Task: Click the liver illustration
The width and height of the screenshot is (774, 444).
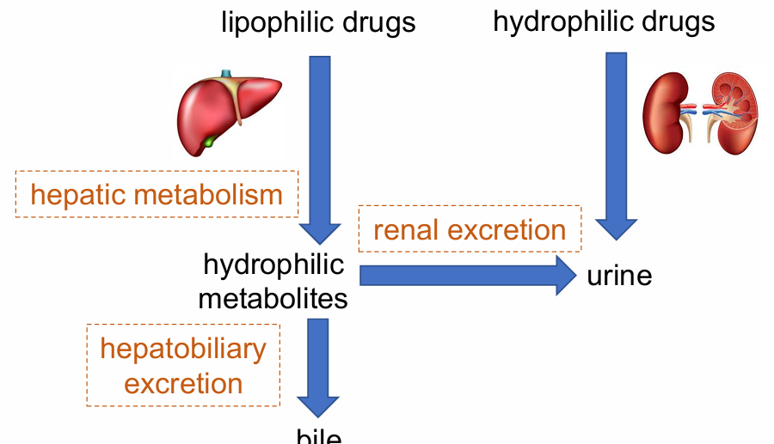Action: point(229,112)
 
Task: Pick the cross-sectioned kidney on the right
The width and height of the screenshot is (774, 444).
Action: point(733,112)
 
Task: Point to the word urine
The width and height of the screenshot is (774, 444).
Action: point(619,277)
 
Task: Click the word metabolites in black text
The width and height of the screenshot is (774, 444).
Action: point(273,299)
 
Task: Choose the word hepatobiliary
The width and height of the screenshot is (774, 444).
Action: point(183,350)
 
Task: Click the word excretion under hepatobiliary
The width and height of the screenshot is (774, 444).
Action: point(183,383)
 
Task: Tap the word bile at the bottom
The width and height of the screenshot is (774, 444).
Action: point(319,436)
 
